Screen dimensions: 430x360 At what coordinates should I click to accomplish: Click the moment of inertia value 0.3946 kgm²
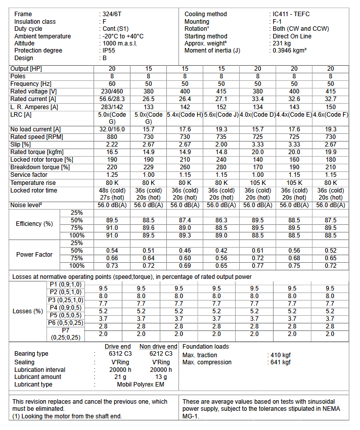tap(289, 51)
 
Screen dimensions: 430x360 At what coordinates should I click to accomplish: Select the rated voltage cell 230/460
tap(112, 91)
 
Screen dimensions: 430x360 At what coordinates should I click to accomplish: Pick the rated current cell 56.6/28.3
tap(112, 99)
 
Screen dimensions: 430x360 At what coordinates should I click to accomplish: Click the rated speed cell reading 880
tap(112, 137)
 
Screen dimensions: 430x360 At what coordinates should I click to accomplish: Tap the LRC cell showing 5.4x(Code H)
tap(185, 115)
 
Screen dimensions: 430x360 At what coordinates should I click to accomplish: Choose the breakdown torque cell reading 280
tap(221, 167)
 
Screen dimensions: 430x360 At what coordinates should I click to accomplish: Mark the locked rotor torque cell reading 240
tap(221, 160)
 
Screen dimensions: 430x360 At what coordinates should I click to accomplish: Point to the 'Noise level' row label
tap(28, 206)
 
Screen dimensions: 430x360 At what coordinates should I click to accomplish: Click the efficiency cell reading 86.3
tap(221, 220)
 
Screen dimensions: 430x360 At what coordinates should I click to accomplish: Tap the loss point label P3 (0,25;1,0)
tap(66, 300)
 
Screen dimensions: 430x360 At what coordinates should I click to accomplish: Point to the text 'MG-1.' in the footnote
tap(191, 416)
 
